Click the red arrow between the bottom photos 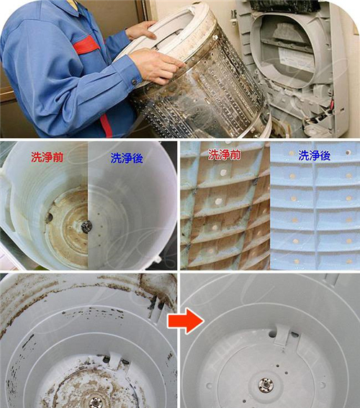[185, 321]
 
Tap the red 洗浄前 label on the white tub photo [47, 157]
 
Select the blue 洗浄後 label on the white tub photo [127, 158]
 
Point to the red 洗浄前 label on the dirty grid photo [224, 155]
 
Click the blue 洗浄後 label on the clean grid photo [315, 155]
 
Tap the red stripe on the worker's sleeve [86, 45]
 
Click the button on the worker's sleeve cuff [135, 82]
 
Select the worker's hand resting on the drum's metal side [156, 65]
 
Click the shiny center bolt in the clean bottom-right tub [266, 384]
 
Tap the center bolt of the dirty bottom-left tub [95, 402]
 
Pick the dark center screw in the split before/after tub [86, 227]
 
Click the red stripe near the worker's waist [107, 126]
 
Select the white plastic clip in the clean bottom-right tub [282, 335]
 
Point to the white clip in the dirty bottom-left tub [114, 361]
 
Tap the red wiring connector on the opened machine [332, 104]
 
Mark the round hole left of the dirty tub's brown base [50, 217]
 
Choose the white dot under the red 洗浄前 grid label [222, 172]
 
